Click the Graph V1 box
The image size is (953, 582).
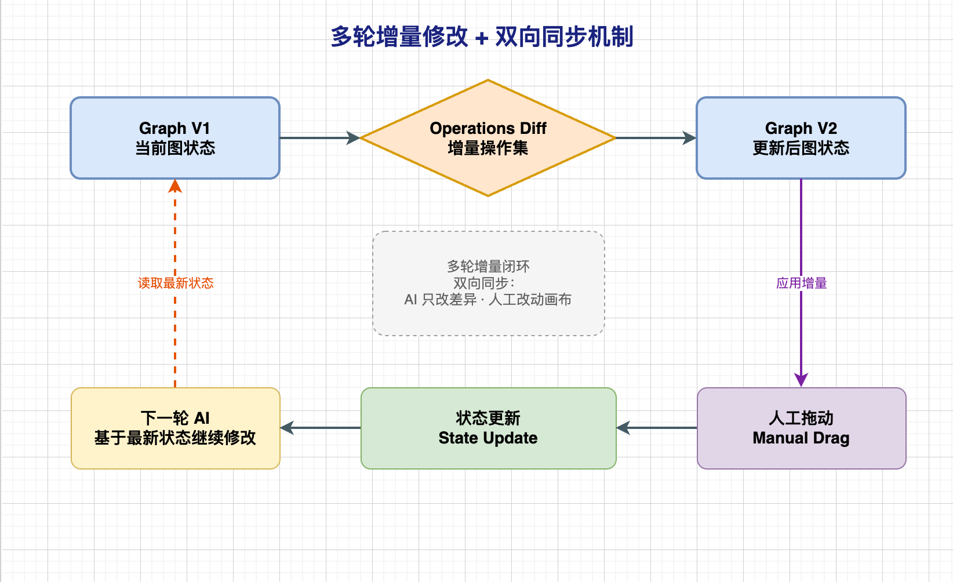click(175, 138)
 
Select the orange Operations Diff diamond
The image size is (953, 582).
click(488, 138)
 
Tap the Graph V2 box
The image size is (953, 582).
click(801, 138)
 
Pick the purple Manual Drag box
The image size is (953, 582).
click(802, 428)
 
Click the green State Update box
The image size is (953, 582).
click(489, 428)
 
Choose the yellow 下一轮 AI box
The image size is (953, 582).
click(175, 428)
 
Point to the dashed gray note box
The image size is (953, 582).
click(489, 283)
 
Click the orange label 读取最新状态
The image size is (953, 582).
click(175, 283)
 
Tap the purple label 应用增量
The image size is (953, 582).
click(802, 283)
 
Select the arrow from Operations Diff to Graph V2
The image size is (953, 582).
click(656, 138)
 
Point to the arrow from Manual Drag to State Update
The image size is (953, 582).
click(656, 428)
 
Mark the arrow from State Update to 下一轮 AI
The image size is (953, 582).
click(321, 428)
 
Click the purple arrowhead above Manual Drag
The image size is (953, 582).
click(801, 380)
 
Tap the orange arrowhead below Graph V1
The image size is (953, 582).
click(175, 186)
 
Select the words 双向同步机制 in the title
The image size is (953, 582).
click(564, 37)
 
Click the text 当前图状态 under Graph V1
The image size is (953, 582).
click(175, 148)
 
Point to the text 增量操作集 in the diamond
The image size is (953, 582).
click(488, 148)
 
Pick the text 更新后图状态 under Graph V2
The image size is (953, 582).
click(801, 148)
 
